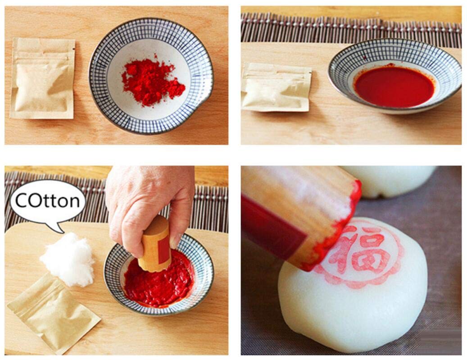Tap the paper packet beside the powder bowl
[x=42, y=79]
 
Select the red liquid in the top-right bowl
[x=394, y=87]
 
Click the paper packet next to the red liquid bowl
[x=276, y=87]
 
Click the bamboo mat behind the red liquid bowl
[x=351, y=32]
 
